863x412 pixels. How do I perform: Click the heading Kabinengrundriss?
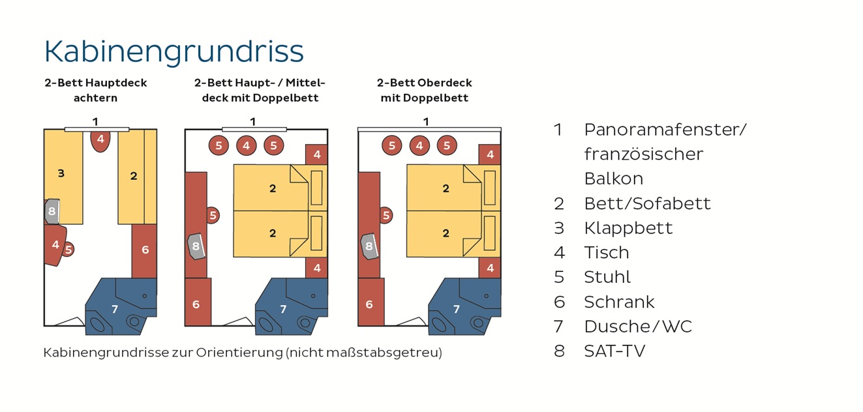coord(174,52)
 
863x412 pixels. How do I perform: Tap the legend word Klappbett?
coord(628,228)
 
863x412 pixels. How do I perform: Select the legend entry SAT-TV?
coord(614,351)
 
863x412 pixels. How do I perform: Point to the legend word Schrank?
coord(619,302)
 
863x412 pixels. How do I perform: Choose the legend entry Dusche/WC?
coord(638,327)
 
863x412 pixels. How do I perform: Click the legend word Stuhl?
coord(607,277)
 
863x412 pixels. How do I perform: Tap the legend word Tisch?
coord(607,252)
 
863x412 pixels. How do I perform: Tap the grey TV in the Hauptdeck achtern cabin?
coord(52,211)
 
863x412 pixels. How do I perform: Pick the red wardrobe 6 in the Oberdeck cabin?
coord(371,302)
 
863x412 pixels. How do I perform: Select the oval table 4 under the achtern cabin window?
coord(100,141)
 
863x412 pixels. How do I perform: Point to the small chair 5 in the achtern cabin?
coord(68,250)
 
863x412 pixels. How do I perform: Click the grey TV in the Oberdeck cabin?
coord(369,246)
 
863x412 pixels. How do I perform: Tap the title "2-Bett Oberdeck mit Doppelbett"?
coord(424,91)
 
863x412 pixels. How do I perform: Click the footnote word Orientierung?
coord(239,353)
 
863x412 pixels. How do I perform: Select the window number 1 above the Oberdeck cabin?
coord(426,122)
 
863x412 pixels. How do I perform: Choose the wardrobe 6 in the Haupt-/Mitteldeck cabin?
coord(198,302)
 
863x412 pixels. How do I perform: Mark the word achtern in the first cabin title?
coord(95,98)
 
